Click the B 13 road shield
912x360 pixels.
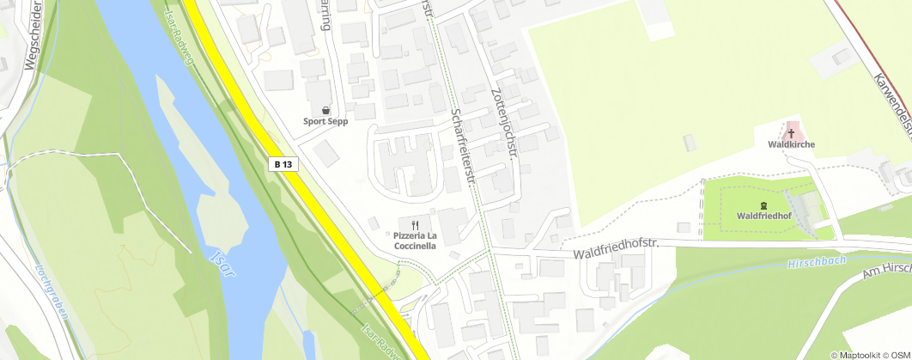[x=285, y=163]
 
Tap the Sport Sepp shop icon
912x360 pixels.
[x=326, y=110]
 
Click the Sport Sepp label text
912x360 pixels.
[x=326, y=121]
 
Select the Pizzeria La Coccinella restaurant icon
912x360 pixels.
[x=416, y=223]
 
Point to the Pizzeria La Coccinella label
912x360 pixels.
[x=416, y=241]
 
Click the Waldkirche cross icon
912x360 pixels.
[x=791, y=133]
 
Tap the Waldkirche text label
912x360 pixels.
[x=791, y=144]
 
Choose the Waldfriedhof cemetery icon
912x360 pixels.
[x=739, y=205]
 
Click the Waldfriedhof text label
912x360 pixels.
[x=763, y=216]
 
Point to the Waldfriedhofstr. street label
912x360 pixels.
[x=615, y=250]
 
